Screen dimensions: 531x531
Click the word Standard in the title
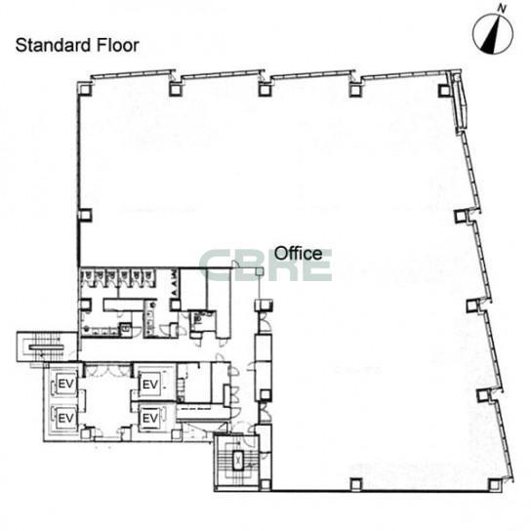click(x=54, y=45)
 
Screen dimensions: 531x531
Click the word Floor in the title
click(x=118, y=45)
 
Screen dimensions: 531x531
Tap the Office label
click(x=298, y=254)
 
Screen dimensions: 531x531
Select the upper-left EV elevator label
click(x=66, y=384)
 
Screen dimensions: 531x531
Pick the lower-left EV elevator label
click(x=66, y=418)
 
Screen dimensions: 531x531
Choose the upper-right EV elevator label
click(x=150, y=385)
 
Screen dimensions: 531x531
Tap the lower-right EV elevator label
click(x=150, y=418)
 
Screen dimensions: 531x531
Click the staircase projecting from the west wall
click(x=47, y=347)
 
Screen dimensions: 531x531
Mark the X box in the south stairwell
click(x=239, y=460)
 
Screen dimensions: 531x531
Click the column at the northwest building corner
click(x=85, y=89)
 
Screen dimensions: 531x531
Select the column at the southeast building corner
click(x=496, y=484)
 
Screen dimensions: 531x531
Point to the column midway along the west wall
click(x=85, y=215)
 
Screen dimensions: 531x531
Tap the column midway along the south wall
click(x=355, y=484)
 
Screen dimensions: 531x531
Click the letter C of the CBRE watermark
click(x=216, y=265)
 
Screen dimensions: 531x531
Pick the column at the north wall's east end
click(x=444, y=90)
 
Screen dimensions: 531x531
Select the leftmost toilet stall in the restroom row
click(x=86, y=277)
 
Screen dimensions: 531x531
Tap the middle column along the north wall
click(x=265, y=90)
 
